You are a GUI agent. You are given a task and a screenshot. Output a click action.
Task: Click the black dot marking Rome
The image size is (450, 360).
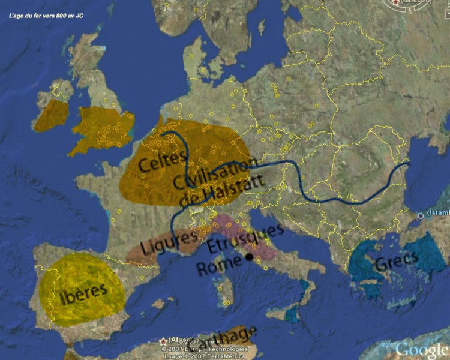click(248, 258)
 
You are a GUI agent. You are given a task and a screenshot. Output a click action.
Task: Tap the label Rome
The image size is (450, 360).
click(218, 266)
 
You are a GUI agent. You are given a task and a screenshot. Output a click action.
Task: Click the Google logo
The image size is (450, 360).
click(422, 349)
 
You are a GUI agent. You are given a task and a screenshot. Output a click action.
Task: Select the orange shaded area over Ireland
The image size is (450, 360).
click(52, 115)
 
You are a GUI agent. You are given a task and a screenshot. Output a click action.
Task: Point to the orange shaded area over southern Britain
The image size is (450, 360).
click(102, 127)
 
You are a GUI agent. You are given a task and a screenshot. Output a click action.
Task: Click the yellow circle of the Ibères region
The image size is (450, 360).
click(84, 288)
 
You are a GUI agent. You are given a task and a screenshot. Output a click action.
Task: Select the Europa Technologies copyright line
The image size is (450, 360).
click(208, 349)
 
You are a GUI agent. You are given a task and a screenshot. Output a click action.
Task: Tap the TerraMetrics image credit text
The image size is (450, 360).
click(208, 356)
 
